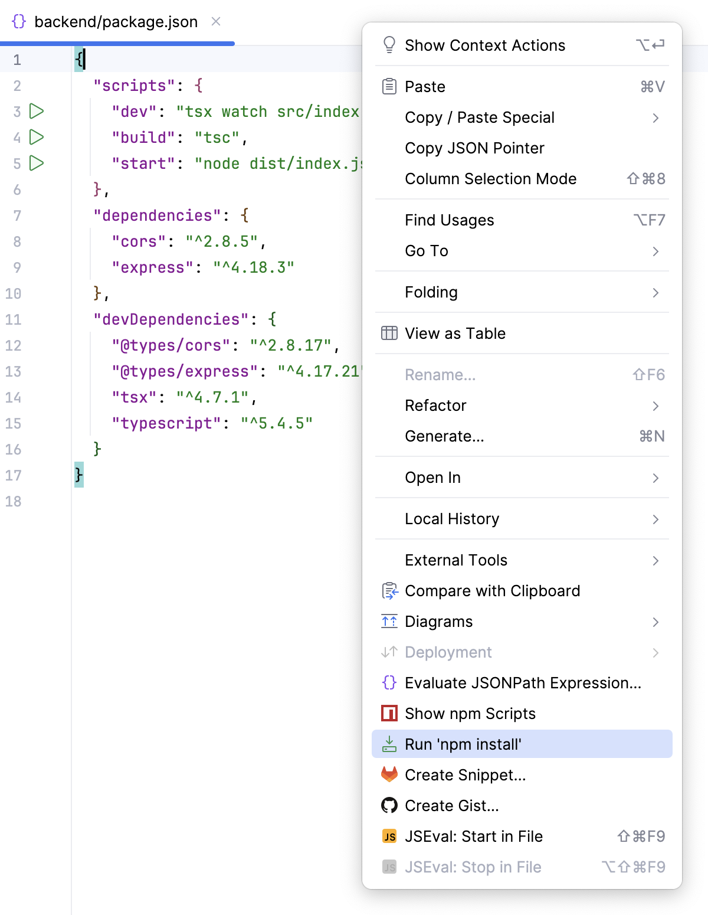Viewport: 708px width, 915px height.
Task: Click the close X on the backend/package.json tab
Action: (216, 21)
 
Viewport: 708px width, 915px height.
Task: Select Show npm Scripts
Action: (470, 713)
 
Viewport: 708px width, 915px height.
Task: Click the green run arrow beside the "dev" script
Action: (37, 111)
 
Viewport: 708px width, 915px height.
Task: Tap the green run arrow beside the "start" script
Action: (37, 163)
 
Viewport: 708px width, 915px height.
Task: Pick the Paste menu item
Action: (425, 87)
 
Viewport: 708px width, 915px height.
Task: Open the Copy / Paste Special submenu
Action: (480, 117)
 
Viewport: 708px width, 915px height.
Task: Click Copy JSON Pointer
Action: (474, 148)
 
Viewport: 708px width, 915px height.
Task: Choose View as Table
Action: (455, 334)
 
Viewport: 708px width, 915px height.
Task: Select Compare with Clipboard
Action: (492, 591)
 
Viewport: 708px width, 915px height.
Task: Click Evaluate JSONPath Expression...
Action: (523, 682)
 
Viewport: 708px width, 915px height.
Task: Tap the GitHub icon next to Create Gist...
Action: (389, 805)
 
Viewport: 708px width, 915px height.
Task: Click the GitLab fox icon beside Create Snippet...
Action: (389, 775)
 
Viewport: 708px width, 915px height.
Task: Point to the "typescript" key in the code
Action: (166, 423)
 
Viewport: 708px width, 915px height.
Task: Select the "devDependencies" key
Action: (171, 319)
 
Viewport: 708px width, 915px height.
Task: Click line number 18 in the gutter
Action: (13, 501)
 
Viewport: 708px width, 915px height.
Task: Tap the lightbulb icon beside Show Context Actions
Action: (389, 45)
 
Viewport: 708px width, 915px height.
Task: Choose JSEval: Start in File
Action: (474, 836)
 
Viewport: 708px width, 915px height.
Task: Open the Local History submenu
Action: (452, 519)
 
